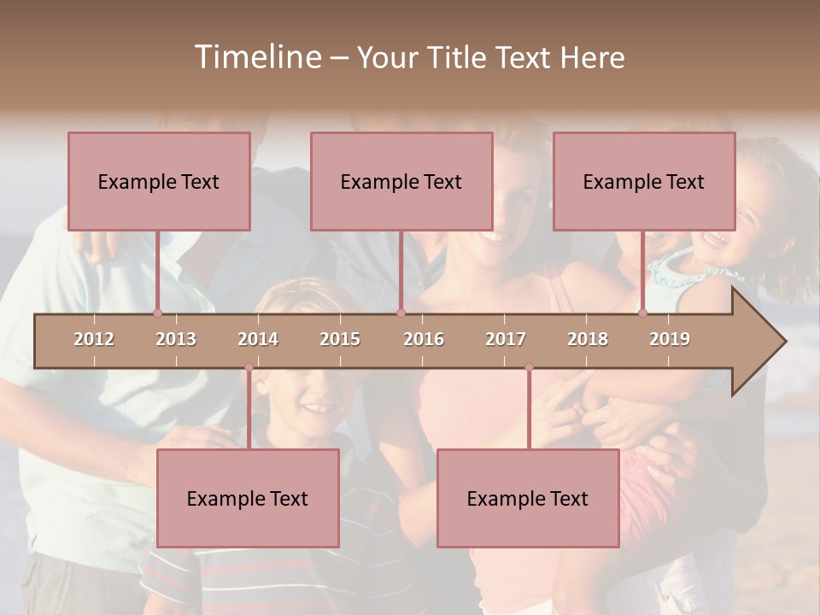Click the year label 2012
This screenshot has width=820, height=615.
[x=94, y=339]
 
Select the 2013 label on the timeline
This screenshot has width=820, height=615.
[x=176, y=339]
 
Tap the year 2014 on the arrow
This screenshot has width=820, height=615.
[x=258, y=339]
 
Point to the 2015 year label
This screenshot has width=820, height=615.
[x=340, y=339]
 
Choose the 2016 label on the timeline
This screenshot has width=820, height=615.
[x=424, y=339]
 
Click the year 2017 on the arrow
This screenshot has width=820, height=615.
[x=506, y=339]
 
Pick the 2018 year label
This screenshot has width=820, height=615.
[x=588, y=339]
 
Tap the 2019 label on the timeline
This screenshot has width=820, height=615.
[x=670, y=339]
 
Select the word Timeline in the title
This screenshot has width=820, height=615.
[x=256, y=57]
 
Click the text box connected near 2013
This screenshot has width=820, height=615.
[x=159, y=181]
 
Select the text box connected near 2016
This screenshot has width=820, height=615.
[x=401, y=181]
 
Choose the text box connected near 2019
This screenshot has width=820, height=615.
[x=644, y=181]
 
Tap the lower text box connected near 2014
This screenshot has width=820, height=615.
[x=248, y=498]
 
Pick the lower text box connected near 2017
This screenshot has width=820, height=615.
[x=528, y=498]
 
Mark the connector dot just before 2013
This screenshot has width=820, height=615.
[x=157, y=313]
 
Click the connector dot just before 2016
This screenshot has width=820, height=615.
[x=401, y=313]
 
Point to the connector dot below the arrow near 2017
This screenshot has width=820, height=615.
[x=529, y=367]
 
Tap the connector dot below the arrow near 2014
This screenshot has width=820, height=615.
[x=249, y=367]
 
